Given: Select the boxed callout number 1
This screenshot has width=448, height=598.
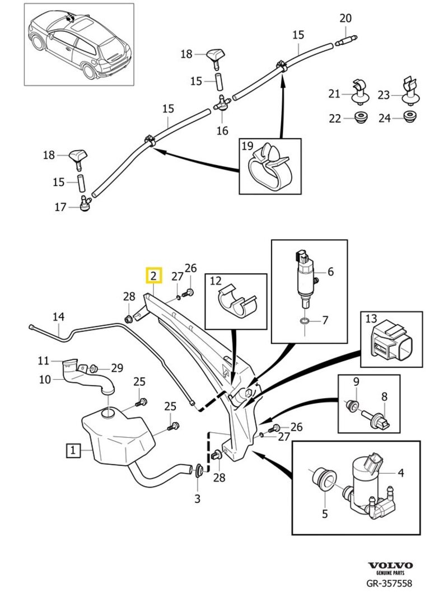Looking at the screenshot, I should [72, 449].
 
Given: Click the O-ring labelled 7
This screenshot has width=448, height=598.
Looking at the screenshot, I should [304, 321].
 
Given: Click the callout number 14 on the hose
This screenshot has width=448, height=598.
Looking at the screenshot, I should [59, 317].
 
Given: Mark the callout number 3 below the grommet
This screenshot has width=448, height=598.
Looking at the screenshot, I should [197, 498].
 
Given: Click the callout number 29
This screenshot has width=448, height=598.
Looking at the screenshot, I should [116, 368].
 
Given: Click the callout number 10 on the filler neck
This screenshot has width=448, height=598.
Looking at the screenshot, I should [44, 379].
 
